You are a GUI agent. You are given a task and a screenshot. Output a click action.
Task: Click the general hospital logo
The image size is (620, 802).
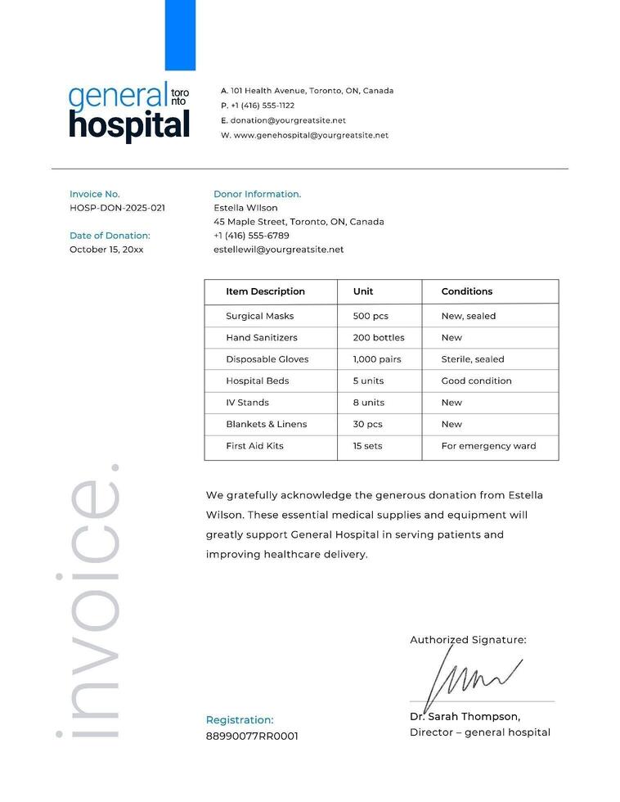[x=129, y=112]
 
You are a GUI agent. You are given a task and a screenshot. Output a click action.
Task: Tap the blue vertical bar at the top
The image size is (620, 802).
[x=180, y=35]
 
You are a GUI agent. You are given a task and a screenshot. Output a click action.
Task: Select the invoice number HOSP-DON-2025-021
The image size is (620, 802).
[x=117, y=208]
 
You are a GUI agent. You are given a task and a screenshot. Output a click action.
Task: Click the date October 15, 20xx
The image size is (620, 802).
[x=106, y=250]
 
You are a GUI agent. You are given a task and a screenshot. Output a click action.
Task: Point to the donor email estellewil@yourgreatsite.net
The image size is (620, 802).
[x=278, y=250]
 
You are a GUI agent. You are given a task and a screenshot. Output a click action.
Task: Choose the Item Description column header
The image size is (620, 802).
[x=265, y=291]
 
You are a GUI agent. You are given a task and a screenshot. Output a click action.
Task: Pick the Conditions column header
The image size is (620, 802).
[x=466, y=291]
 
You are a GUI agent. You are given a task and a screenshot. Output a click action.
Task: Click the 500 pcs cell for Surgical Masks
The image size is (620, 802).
[x=371, y=316]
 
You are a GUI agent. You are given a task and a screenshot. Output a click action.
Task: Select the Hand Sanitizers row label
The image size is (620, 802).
[x=262, y=337]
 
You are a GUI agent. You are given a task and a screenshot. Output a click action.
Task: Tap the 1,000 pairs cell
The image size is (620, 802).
[x=377, y=359]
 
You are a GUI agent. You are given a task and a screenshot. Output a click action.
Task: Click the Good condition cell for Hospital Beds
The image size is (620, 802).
[x=476, y=381]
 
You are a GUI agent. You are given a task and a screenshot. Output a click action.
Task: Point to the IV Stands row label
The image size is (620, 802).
[x=247, y=403]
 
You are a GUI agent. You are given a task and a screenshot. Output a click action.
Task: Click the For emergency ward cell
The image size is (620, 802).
[x=488, y=446]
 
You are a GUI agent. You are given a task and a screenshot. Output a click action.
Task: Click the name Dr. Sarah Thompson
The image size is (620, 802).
[x=465, y=717]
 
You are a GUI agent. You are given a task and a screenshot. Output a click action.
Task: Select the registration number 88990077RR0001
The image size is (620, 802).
[x=252, y=736]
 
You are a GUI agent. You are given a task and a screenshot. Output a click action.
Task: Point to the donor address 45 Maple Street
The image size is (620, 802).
[x=299, y=222]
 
